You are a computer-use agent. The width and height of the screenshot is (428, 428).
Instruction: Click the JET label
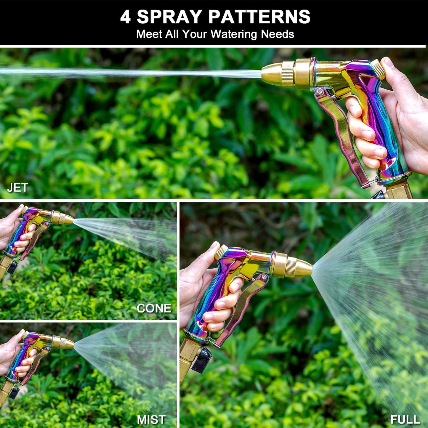17,187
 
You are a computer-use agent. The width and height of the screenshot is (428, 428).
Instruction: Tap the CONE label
154,308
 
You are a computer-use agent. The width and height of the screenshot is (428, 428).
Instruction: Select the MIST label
151,419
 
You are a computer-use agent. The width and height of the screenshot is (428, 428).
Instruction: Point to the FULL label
405,419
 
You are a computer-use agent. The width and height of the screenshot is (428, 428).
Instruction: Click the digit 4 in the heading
125,17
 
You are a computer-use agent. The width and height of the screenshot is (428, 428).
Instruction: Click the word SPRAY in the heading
169,17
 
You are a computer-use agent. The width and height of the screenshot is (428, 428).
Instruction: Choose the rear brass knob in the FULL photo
221,252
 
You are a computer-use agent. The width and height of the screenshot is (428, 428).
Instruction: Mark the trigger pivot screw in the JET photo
319,91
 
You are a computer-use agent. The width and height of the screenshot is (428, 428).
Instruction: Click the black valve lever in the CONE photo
12,267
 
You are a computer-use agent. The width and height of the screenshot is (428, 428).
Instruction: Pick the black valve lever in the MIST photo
14,392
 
